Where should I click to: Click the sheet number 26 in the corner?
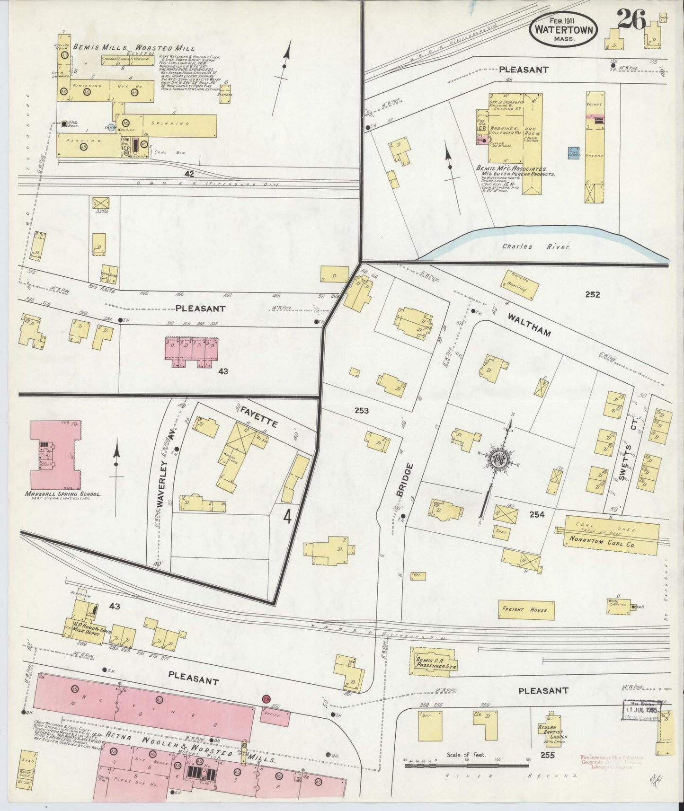[x=631, y=19]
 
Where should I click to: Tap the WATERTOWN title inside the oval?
[x=563, y=29]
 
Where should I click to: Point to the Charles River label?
[x=524, y=247]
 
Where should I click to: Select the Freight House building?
[x=527, y=610]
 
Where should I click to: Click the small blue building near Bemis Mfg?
[x=574, y=153]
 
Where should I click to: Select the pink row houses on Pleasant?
[x=192, y=352]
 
